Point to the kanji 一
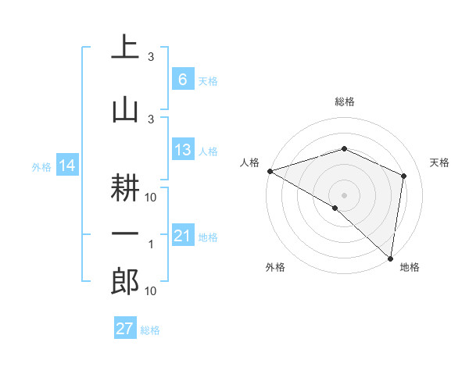[x=125, y=234]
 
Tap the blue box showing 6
[x=182, y=79]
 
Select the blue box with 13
[x=182, y=150]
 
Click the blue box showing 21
[x=182, y=236]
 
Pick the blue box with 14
[x=66, y=166]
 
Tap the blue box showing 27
[x=125, y=329]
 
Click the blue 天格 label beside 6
[x=207, y=80]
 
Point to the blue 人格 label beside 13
[x=207, y=151]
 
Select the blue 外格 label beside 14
[x=41, y=166]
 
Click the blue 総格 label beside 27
[x=150, y=330]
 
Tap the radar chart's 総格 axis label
[x=345, y=102]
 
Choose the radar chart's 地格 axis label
[x=410, y=268]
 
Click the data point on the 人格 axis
[x=270, y=170]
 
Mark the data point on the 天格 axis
[x=404, y=176]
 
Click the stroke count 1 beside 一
[x=151, y=245]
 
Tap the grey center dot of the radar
[x=345, y=194]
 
